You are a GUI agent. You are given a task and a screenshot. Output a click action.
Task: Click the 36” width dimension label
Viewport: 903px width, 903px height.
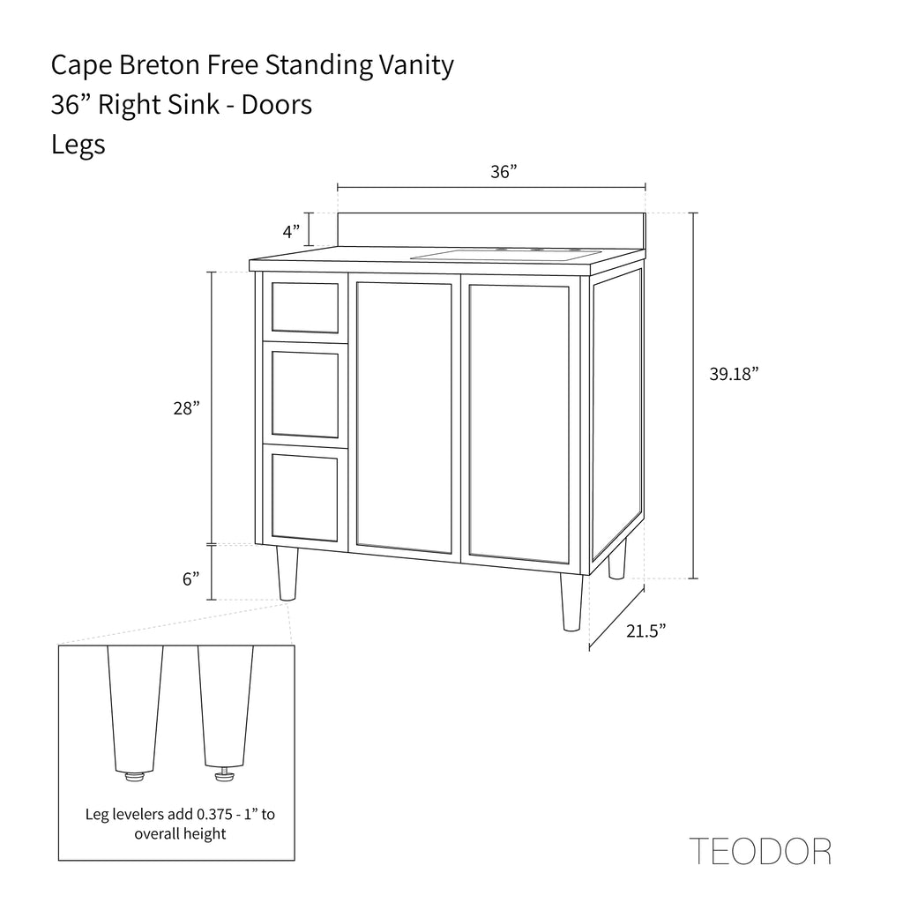(504, 172)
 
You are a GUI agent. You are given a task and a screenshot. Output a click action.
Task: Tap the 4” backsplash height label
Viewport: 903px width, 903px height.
(291, 232)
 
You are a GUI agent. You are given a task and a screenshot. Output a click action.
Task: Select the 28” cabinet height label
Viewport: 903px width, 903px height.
(187, 408)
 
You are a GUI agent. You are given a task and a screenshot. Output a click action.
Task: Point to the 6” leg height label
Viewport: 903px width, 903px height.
(191, 578)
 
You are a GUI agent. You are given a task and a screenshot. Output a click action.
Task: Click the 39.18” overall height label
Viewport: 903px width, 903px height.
(734, 374)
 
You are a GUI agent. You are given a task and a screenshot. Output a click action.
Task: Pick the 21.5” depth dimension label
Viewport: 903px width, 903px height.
(646, 631)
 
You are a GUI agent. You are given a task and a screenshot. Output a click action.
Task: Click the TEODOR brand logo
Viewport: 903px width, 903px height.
(760, 851)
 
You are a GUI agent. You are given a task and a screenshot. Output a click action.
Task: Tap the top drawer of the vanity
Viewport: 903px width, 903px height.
(304, 308)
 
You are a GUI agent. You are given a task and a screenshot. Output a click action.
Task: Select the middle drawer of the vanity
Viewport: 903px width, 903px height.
(304, 394)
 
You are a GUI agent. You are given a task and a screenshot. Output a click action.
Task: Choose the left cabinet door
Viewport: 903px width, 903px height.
(404, 417)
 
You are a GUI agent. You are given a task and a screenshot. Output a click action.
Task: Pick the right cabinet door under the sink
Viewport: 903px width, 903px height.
(519, 422)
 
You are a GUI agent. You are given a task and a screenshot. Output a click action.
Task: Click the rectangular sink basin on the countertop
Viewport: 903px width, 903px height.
(505, 255)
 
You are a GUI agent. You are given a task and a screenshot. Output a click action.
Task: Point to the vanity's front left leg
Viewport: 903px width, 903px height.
(287, 573)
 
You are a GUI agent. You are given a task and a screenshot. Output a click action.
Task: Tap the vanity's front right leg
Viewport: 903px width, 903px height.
(571, 602)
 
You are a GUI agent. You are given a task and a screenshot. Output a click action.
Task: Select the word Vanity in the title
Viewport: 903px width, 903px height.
(416, 65)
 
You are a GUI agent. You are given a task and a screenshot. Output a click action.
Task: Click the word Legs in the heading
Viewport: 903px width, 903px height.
(78, 144)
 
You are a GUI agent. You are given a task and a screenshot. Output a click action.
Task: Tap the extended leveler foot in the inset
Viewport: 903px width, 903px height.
(225, 774)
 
